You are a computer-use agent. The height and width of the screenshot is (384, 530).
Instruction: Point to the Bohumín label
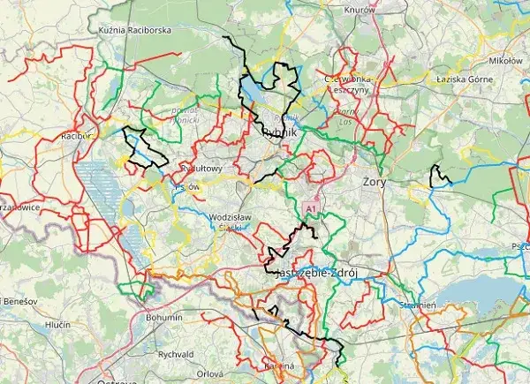point(163,317)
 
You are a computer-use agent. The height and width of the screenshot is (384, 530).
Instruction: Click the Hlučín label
point(57,325)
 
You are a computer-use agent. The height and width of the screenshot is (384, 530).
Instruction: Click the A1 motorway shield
point(310,207)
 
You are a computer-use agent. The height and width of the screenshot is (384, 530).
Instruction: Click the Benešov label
point(17,301)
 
